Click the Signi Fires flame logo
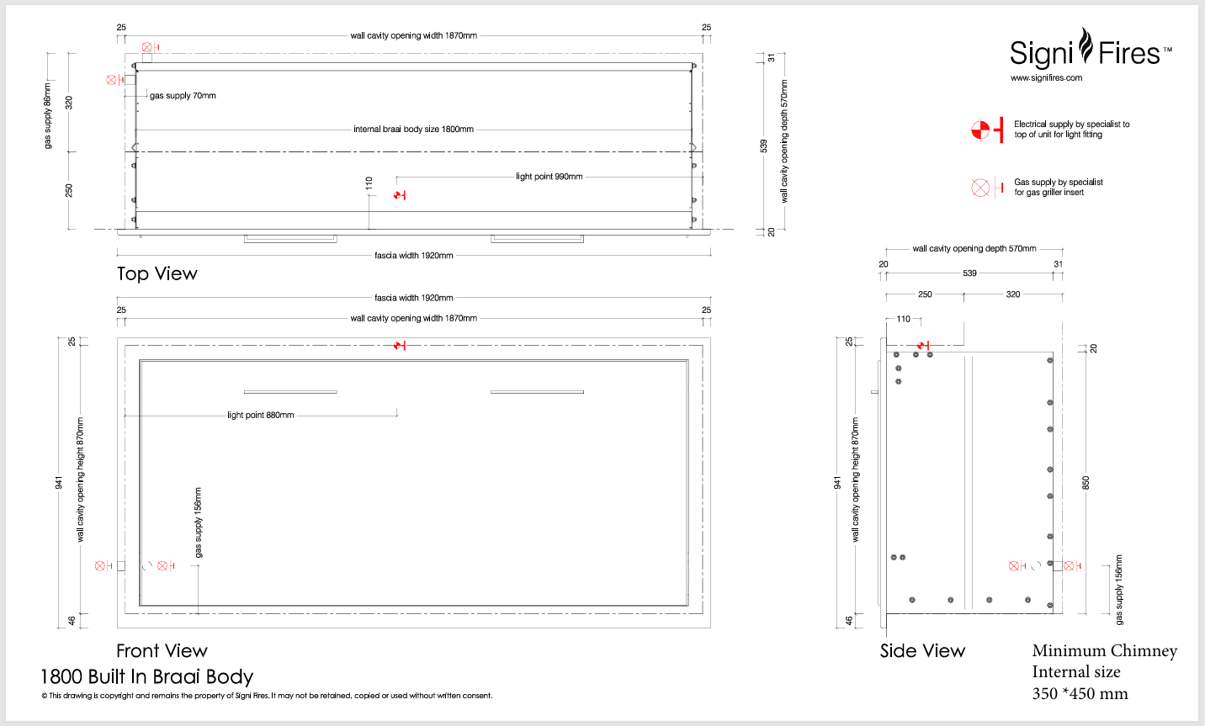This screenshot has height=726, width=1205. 1086,46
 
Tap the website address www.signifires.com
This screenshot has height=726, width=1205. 1046,78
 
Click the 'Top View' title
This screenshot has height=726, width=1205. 157,274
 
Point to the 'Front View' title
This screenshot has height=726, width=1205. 162,651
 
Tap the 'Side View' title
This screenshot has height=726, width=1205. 922,651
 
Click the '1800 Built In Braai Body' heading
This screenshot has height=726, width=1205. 146,677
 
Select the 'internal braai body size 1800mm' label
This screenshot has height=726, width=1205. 413,130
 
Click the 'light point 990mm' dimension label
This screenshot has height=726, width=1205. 549,177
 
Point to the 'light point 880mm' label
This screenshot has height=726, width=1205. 261,416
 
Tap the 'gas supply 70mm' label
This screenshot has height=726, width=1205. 183,96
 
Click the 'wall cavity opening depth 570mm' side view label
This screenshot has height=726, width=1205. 974,249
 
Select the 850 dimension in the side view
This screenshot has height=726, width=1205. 1086,483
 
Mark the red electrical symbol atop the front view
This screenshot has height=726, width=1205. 400,345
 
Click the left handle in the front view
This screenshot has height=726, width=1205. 290,392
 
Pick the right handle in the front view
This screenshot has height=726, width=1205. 537,392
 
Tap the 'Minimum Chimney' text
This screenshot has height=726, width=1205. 1104,651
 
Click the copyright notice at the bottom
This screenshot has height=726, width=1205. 267,696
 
